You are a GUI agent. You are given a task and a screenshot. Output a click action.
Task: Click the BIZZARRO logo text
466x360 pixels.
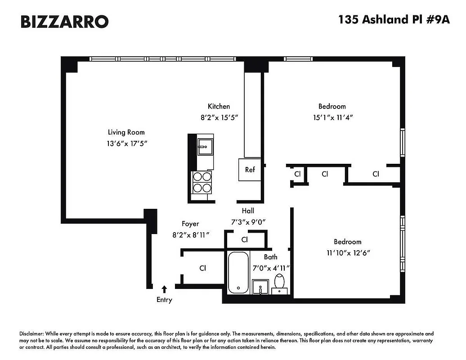coord(64,21)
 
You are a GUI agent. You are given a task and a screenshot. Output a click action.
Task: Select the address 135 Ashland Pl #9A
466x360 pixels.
coord(394,20)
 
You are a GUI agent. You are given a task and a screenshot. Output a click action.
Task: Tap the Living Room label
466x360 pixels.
coord(126,132)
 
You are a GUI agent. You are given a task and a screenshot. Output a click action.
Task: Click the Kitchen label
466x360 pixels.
coord(219,107)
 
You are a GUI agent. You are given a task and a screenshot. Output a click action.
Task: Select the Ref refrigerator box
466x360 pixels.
coord(250,170)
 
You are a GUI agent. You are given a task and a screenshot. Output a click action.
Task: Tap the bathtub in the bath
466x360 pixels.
coord(238,272)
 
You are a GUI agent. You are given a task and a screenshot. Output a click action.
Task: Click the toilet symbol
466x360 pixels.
coord(279,282)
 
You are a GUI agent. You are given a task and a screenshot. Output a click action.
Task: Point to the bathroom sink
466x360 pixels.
coord(260,286)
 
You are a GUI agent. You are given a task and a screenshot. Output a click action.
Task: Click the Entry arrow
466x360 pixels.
coord(164,289)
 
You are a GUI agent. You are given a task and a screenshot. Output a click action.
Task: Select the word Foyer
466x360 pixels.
coord(190,224)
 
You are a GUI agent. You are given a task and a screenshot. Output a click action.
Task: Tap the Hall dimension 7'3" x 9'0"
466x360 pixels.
coord(249,221)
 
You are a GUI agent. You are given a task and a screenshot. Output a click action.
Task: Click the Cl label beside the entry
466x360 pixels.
coord(203,268)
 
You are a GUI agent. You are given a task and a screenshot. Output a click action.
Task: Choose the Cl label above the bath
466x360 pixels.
coord(245,239)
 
